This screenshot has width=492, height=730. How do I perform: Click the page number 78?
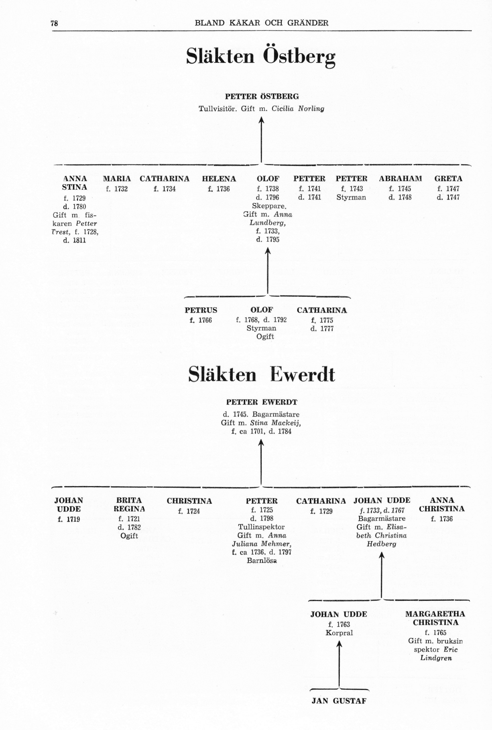click(x=54, y=23)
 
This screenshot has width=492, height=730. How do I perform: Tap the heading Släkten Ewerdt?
click(x=262, y=374)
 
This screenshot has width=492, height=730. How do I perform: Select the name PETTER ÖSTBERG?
click(x=262, y=96)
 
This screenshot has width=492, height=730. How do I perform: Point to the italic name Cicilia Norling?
click(x=298, y=109)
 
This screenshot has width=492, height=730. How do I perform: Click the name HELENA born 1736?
click(x=219, y=179)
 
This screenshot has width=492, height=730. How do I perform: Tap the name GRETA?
click(x=448, y=179)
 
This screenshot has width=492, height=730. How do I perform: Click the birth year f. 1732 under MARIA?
click(x=117, y=189)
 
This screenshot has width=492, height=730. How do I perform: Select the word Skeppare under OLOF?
click(x=269, y=206)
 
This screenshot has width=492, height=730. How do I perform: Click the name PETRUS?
click(x=201, y=310)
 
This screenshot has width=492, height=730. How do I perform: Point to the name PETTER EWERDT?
click(x=262, y=402)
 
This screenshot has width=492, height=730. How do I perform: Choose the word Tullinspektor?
click(x=261, y=527)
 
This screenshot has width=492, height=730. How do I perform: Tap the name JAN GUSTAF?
click(x=339, y=701)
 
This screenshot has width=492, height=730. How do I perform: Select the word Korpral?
click(x=339, y=633)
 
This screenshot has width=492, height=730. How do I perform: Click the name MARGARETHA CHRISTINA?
click(x=435, y=618)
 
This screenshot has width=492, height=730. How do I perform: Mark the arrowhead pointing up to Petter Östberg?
click(x=261, y=120)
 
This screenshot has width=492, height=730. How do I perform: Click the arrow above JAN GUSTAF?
click(x=339, y=664)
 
